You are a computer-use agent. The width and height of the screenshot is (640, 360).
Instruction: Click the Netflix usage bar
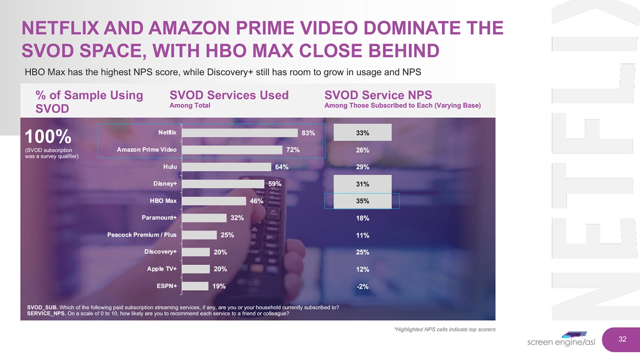(240, 132)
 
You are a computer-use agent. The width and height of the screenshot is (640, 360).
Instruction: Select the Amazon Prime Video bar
(232, 150)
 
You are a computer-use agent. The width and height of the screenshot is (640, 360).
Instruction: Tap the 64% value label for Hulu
(282, 167)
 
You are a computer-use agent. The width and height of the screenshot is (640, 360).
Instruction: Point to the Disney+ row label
(165, 184)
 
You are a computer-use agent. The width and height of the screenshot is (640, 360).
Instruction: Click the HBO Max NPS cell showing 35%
(362, 201)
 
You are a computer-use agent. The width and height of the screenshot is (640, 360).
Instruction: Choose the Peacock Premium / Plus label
(142, 235)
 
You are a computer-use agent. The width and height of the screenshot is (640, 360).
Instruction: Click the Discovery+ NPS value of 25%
(362, 252)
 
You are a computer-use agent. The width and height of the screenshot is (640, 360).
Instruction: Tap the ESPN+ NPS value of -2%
(362, 286)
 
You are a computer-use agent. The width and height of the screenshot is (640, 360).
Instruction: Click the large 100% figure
(48, 137)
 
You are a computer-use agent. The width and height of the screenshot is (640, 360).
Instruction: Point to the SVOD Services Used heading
(229, 95)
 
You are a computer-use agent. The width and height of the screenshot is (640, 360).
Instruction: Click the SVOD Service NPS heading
(378, 95)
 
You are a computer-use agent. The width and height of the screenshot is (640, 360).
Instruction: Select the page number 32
(622, 339)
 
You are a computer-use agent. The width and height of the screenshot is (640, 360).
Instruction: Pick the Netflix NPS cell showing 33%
(362, 133)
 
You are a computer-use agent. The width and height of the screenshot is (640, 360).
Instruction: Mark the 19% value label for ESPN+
(219, 286)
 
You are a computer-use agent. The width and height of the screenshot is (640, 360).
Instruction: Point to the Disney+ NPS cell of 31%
(362, 184)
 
